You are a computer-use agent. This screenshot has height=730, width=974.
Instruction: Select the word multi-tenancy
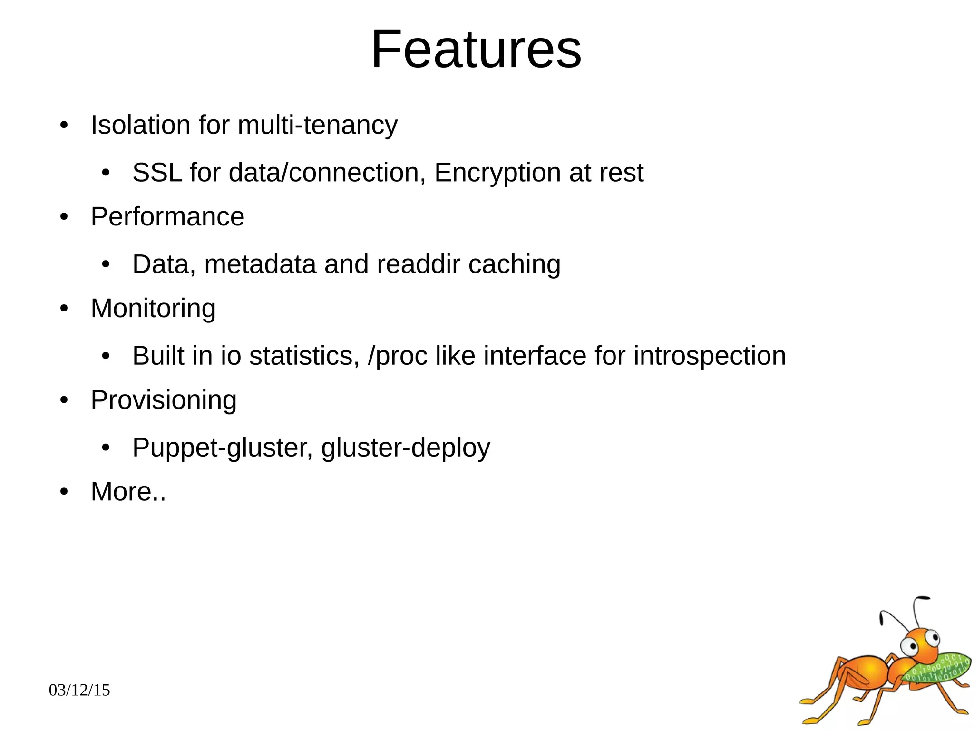(317, 125)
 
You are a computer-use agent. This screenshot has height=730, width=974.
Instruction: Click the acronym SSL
(157, 172)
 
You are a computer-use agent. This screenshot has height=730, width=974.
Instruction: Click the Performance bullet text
(167, 217)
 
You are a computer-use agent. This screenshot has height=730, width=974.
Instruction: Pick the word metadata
(260, 264)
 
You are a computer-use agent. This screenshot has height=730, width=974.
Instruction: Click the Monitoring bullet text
(153, 309)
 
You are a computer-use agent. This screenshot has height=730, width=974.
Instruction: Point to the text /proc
(398, 357)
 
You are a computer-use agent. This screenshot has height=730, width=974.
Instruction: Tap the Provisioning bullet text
(164, 400)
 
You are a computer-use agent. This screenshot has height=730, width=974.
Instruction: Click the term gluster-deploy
(405, 448)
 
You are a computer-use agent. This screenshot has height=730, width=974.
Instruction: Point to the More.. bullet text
(128, 492)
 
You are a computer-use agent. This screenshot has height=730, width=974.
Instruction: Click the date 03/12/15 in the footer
(79, 690)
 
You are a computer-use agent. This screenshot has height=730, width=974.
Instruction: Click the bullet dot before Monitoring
(64, 310)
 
